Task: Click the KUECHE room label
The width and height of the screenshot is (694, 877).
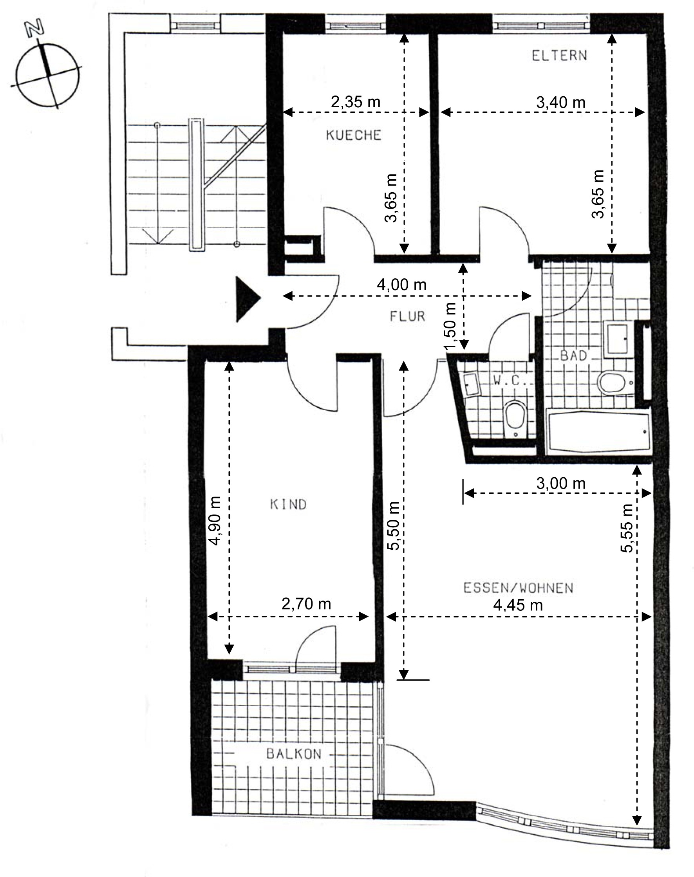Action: click(x=354, y=135)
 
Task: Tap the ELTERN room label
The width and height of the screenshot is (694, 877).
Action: click(x=560, y=55)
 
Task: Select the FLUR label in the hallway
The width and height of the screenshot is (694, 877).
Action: click(x=407, y=316)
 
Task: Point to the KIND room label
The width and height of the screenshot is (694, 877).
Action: click(x=288, y=504)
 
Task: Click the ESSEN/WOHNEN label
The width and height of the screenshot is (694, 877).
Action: click(x=519, y=588)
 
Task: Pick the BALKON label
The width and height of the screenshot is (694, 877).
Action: click(x=294, y=754)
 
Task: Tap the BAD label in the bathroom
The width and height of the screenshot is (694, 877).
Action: click(x=574, y=356)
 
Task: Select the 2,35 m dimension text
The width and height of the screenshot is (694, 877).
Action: click(x=356, y=101)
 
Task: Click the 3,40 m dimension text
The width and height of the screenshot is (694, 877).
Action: click(x=561, y=102)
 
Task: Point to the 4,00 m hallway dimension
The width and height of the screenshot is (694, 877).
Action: click(x=402, y=284)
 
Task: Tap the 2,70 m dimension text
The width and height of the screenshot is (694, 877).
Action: click(x=306, y=604)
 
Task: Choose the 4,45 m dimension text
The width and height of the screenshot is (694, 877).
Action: click(x=518, y=605)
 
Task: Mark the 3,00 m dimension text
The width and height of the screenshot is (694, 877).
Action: click(x=561, y=484)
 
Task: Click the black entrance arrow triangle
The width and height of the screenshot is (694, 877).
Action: click(x=247, y=300)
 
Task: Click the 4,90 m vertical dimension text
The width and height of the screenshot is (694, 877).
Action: click(x=215, y=520)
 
